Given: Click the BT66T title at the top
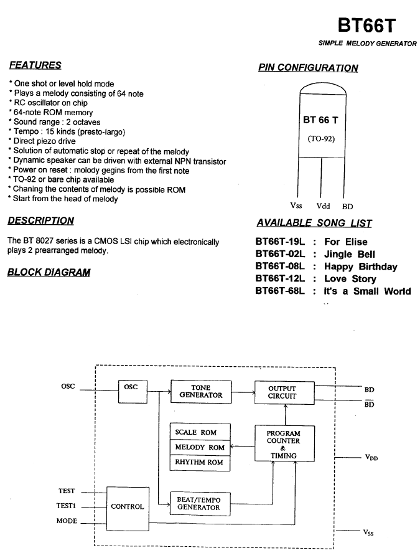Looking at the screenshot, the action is pos(366,26).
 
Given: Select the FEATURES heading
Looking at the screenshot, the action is pos(35,65).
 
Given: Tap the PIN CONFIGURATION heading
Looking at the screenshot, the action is pos(309,68).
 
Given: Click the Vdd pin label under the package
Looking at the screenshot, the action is pos(324,206).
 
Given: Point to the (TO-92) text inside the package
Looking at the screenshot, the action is pos(321,139).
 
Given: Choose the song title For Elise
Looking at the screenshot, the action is pos(346,242).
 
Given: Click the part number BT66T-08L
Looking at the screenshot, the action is pos(280,266).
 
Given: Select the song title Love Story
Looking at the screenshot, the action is pos(350,278).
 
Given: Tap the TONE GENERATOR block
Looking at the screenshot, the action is pos(201,392).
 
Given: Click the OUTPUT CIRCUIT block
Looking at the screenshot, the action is pos(284,392).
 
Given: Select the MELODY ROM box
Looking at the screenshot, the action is pos(200,447).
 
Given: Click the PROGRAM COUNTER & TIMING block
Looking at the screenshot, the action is pos(284,444).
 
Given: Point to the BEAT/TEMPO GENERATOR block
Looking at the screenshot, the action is pos(200,504).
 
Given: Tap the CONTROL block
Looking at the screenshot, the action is pos(128,509).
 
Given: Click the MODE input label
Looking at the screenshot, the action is pos(67,521).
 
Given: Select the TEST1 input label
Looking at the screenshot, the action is pos(66,506).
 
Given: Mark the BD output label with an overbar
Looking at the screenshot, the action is pos(370,404).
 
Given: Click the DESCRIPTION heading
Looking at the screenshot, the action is pos(41,220).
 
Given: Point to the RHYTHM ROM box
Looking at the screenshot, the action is pos(200,463).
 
